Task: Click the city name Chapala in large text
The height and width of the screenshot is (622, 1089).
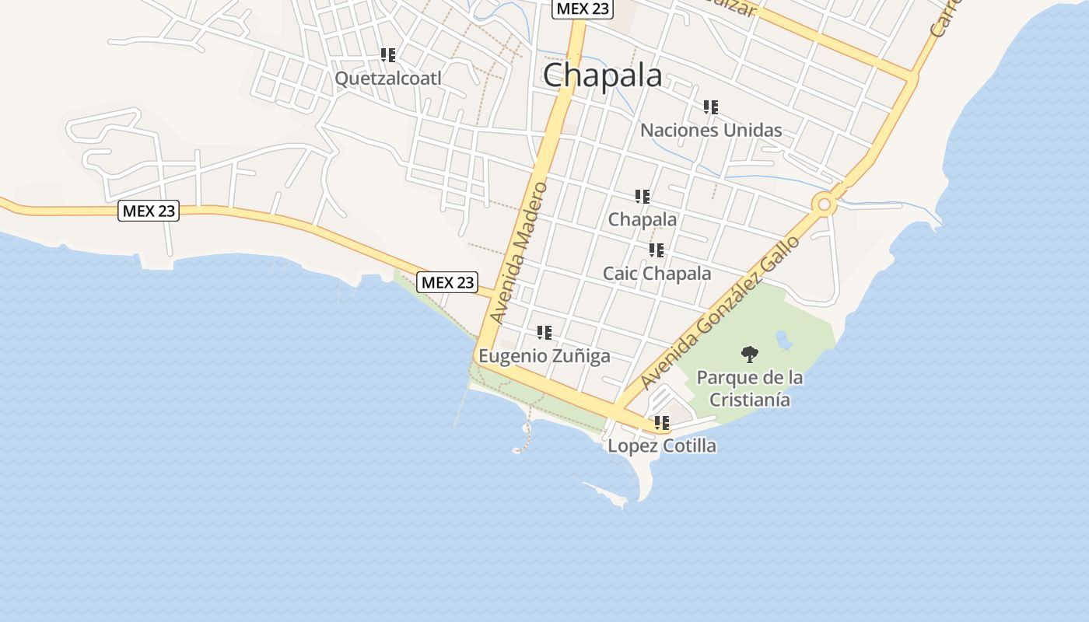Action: tap(603, 75)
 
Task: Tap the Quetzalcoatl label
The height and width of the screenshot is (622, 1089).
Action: tap(387, 79)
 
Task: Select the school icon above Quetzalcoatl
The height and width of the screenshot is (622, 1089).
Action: tap(388, 55)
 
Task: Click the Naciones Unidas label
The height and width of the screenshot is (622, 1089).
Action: tap(711, 130)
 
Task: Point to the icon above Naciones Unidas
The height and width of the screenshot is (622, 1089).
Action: tap(711, 107)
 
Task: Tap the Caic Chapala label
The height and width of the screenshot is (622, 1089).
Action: tap(657, 274)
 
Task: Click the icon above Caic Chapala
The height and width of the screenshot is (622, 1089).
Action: tap(657, 250)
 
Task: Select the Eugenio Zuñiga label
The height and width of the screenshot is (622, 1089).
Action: tap(544, 356)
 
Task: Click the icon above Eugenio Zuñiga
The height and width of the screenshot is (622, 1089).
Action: tap(544, 333)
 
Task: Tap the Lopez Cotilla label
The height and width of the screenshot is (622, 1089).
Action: tap(662, 446)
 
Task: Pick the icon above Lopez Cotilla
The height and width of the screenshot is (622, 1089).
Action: tap(662, 424)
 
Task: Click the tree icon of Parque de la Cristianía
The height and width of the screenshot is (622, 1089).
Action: tap(750, 355)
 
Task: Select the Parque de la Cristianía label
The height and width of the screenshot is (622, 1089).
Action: tap(750, 389)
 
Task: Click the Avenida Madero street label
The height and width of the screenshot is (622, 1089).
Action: tap(520, 252)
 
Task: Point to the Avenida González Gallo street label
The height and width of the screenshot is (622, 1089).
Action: tap(721, 313)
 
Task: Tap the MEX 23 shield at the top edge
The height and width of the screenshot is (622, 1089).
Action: tap(583, 9)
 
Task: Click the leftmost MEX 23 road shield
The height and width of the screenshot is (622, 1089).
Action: tap(149, 211)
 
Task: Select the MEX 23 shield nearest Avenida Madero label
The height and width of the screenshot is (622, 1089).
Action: tap(447, 282)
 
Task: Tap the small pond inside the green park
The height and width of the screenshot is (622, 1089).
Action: tap(784, 340)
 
